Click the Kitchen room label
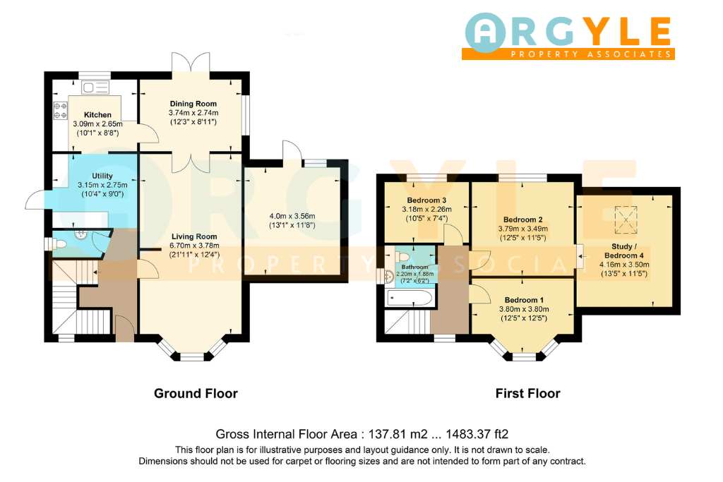point(97,115)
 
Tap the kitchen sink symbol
point(95,87)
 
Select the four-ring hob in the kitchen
point(61,111)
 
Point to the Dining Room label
point(193,104)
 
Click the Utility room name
point(102,176)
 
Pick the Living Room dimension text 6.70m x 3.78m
point(195,246)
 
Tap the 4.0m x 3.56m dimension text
point(292,216)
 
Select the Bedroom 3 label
point(426,200)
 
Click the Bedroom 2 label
point(523,219)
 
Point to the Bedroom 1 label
point(524,300)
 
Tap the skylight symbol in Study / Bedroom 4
point(626,219)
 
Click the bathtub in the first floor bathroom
point(410,298)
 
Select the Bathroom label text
point(414,267)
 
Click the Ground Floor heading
point(196,394)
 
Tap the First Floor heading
point(528,394)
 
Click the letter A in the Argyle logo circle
point(485,32)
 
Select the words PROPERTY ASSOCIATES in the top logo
point(591,54)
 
